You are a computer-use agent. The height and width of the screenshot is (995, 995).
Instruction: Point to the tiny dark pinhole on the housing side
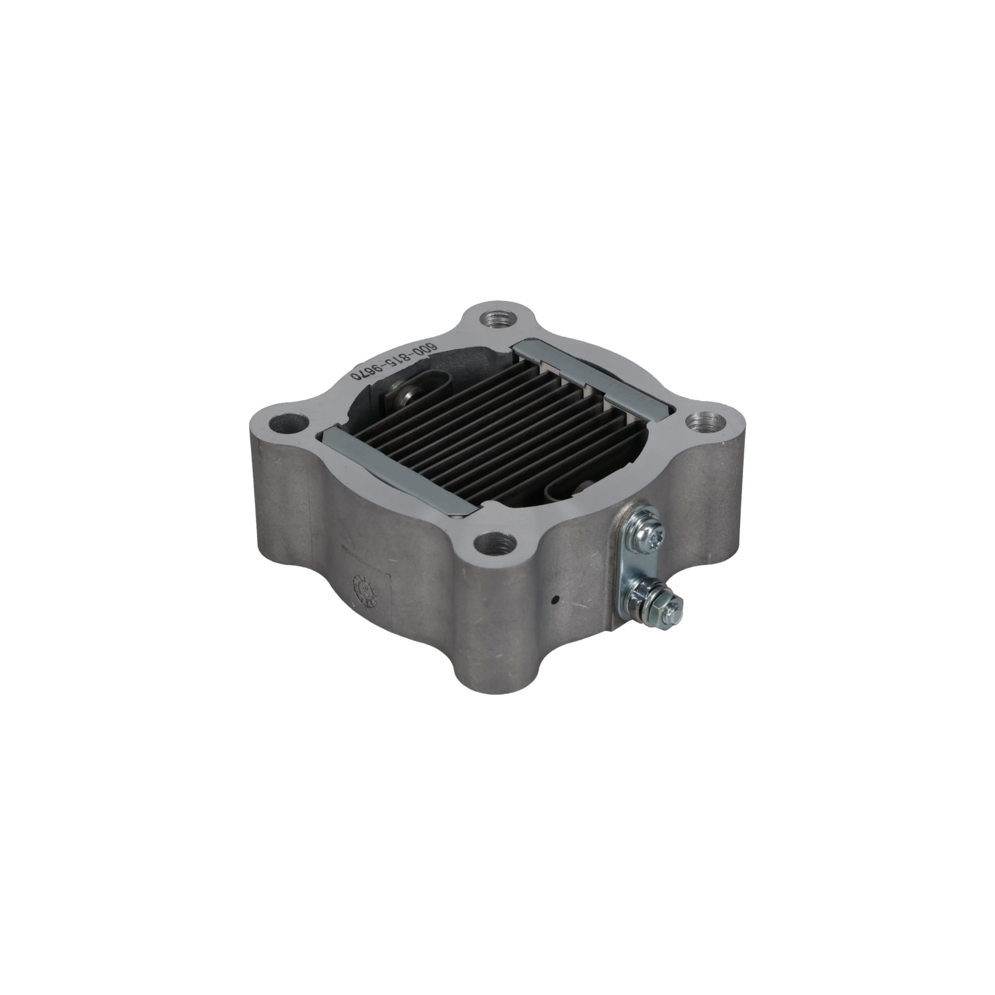pyautogui.click(x=555, y=598)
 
